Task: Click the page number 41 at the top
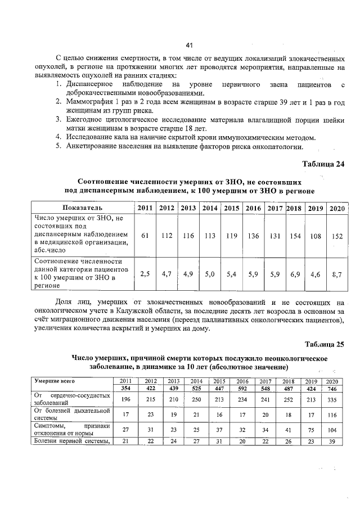[189, 46]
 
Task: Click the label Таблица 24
[323, 164]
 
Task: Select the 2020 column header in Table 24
[336, 208]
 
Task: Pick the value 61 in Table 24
[145, 236]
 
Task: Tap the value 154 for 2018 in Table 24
[295, 236]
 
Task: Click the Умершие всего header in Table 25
[55, 381]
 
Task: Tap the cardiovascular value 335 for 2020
[334, 399]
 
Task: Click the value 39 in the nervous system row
[334, 441]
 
